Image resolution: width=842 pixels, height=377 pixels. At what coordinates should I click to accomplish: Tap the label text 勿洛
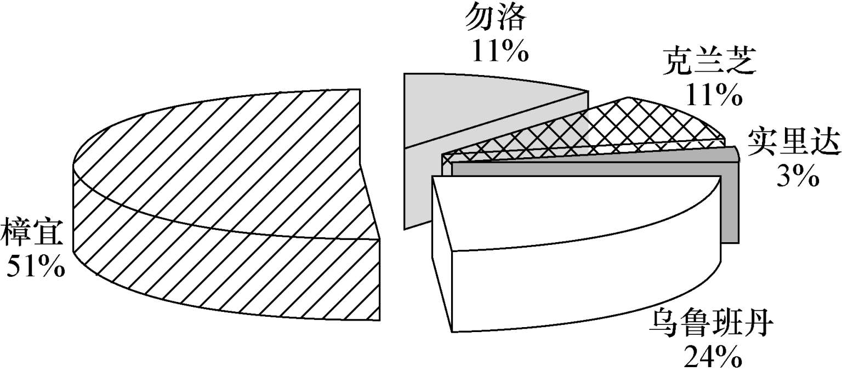point(496,20)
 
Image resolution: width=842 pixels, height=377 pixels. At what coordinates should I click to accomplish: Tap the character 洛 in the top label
point(514,20)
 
